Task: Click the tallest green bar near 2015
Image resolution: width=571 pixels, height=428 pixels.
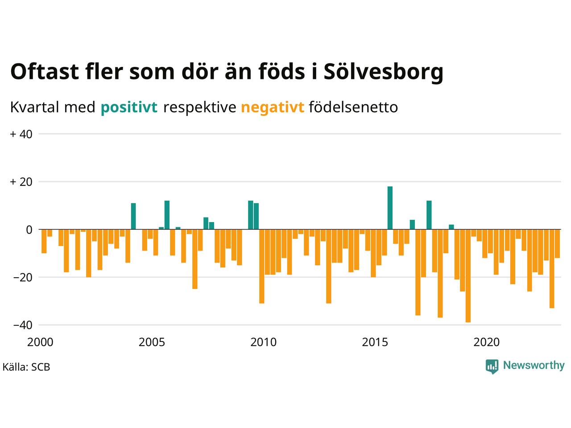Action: (x=390, y=208)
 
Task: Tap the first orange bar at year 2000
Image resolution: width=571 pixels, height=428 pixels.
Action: (x=44, y=241)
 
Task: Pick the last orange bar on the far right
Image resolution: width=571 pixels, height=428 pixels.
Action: (x=557, y=243)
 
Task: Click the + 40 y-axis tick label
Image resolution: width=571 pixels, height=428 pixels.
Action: (x=21, y=134)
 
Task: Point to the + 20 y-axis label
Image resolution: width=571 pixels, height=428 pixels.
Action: (x=21, y=182)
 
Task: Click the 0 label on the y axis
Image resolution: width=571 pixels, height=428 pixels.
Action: (x=29, y=230)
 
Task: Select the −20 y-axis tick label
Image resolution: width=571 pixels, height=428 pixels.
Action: (x=23, y=277)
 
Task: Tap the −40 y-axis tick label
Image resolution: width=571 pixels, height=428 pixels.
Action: (x=23, y=325)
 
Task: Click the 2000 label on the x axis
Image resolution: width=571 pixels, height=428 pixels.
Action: (x=40, y=342)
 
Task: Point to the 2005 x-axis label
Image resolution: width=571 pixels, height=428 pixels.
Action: (x=152, y=342)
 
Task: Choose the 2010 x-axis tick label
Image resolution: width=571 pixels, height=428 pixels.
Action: (x=263, y=342)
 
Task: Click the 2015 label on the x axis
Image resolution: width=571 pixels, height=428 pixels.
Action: (x=375, y=342)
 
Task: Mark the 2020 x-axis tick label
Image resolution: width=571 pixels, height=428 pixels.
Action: (x=487, y=342)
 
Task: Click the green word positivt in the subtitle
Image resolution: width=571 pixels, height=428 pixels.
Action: (x=129, y=107)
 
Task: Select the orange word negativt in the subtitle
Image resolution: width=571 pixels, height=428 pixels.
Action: (x=273, y=107)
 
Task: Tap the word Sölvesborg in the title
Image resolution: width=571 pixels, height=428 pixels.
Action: (x=383, y=71)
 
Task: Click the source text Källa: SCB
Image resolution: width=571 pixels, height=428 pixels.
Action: (x=26, y=367)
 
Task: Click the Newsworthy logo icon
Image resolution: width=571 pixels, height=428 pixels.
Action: (x=492, y=366)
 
